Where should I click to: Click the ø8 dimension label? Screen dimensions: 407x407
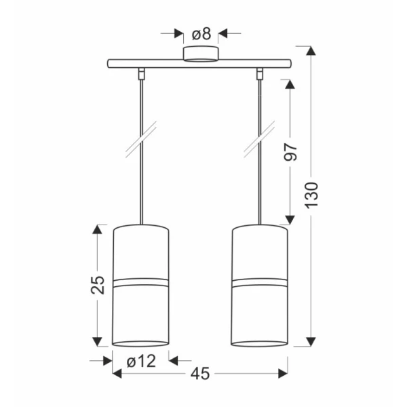pos(201,34)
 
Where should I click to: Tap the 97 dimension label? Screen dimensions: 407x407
pos(290,152)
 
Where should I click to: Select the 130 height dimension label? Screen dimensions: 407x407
pos(311,195)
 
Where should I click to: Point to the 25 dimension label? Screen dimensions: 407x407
pos(98,285)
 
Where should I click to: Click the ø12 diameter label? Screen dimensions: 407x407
pos(142,361)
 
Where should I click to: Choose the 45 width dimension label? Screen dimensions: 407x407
pos(200,374)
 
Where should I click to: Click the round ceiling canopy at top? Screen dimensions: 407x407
pos(201,54)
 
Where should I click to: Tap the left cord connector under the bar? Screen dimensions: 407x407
pos(142,73)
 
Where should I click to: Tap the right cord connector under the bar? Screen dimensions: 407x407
pos(260,73)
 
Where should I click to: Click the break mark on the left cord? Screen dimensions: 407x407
pos(141,139)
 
